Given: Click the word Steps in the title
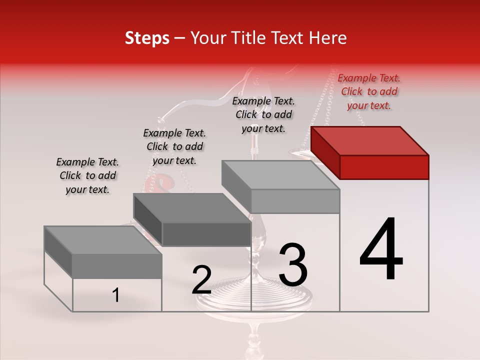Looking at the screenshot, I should coord(147,38).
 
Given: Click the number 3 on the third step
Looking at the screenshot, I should coord(293,264).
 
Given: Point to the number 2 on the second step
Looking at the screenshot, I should coord(201,280).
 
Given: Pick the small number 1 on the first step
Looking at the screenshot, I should coord(115,295).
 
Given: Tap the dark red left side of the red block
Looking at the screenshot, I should coord(325,153).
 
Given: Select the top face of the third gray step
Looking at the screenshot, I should coord(280,174).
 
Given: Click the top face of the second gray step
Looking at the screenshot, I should coord(191,207).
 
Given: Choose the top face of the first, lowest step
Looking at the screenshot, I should coord(102,240).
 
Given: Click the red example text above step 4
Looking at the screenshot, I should coord(369,92).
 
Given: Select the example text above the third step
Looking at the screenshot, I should coord(263,115).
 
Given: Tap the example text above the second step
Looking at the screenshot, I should coord(174,147).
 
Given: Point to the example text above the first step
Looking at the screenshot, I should coord(87,176).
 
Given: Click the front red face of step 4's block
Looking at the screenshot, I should coord(384,167).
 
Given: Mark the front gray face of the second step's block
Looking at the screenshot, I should coord(206,234).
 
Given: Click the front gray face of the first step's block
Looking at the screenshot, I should coord(117,266).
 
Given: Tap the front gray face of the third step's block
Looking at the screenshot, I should coord(295,201).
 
